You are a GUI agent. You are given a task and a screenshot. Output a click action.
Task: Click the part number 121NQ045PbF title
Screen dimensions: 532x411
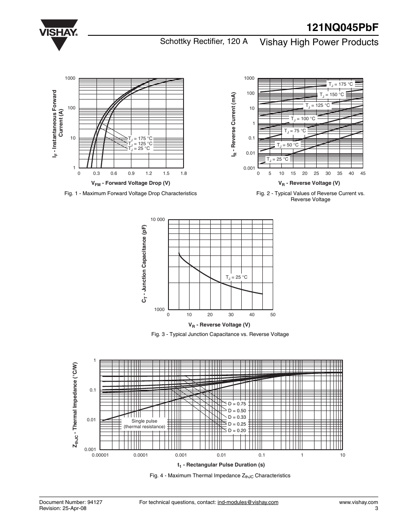coord(343,26)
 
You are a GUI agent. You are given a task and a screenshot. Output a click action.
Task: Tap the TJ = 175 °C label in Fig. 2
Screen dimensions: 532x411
coord(340,84)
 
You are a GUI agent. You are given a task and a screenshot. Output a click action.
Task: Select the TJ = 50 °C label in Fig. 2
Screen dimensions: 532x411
coord(287,145)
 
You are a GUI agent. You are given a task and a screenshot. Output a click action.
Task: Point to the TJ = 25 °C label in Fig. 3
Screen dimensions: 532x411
coord(237,277)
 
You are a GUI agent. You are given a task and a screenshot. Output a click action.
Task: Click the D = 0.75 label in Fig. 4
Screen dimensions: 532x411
coord(237,404)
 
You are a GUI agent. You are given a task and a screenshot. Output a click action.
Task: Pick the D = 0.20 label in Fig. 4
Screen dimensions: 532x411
coord(237,430)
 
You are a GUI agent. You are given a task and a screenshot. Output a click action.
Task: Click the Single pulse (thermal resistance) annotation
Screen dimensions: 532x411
coord(144,424)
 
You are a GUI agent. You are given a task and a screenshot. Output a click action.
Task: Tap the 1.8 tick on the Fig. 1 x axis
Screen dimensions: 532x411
coord(184,173)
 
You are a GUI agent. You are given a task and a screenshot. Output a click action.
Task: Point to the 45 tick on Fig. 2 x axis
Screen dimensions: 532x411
coord(363,173)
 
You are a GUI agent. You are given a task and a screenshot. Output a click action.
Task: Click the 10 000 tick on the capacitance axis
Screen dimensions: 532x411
coord(158,220)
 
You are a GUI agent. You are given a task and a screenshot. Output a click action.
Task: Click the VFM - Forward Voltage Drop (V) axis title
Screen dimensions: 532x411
coord(131,183)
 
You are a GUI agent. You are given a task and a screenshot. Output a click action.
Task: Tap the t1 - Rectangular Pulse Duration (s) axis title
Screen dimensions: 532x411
coord(221,465)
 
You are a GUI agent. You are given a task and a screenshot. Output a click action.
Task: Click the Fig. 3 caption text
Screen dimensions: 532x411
coord(219,334)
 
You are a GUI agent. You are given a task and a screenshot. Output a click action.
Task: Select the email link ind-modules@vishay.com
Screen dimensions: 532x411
coord(248,502)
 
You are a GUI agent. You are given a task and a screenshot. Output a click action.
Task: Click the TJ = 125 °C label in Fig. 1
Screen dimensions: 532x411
coord(140,143)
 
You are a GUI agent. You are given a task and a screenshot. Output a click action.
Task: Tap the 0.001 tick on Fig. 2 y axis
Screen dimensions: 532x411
coord(249,168)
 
